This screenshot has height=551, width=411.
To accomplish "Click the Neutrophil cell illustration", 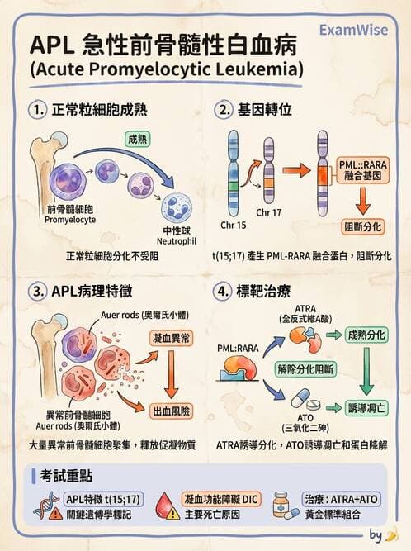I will click(x=177, y=207).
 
